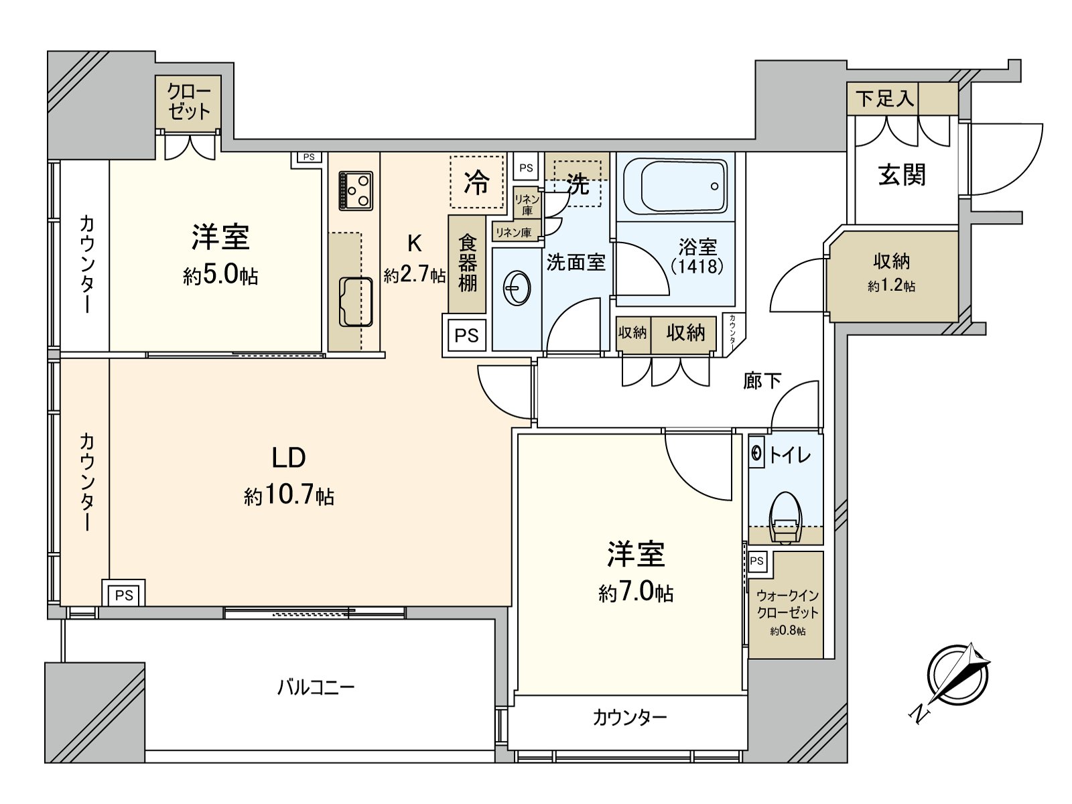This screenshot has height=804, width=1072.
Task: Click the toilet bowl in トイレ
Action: click(x=785, y=518)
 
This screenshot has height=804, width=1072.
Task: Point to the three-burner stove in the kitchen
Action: click(x=356, y=190)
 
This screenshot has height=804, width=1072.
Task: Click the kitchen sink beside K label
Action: click(x=356, y=301)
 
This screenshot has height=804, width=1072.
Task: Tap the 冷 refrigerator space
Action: click(x=476, y=182)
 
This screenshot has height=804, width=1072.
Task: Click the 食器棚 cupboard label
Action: click(x=467, y=263)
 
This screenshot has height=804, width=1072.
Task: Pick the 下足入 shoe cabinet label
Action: click(x=884, y=99)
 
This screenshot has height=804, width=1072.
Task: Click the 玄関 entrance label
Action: click(x=902, y=175)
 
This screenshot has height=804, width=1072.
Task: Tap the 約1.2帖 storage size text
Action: click(x=891, y=287)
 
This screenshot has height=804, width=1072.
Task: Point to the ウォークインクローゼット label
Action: click(x=787, y=604)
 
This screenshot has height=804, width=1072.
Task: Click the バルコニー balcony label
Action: click(x=316, y=687)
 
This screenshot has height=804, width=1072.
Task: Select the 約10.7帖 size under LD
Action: click(x=289, y=496)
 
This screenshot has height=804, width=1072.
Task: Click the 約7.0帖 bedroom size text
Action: click(x=635, y=592)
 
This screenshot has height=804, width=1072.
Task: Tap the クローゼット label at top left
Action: click(x=189, y=102)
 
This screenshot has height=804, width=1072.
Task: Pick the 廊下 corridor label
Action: click(x=762, y=381)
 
